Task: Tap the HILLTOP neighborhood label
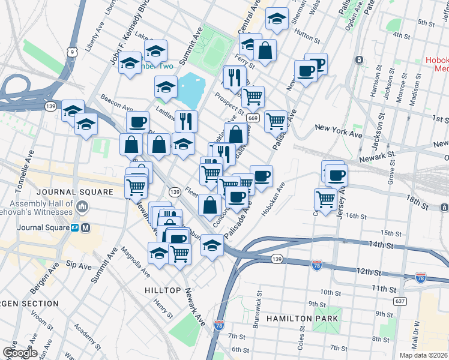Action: pyautogui.click(x=163, y=290)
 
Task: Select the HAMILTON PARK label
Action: pyautogui.click(x=303, y=318)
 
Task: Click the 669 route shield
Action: pyautogui.click(x=253, y=118)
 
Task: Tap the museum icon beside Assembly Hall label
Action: pyautogui.click(x=82, y=208)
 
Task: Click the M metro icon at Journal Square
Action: pyautogui.click(x=86, y=228)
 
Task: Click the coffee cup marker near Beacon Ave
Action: pyautogui.click(x=137, y=122)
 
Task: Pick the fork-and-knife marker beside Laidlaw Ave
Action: pyautogui.click(x=187, y=122)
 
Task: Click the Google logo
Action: pyautogui.click(x=20, y=353)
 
